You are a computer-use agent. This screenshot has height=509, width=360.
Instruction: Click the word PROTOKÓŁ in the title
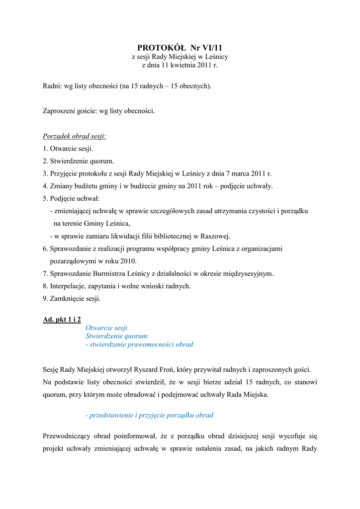click(x=160, y=48)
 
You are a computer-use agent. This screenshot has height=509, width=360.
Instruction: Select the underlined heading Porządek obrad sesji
click(x=75, y=136)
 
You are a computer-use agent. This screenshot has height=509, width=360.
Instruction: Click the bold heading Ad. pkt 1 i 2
click(x=62, y=319)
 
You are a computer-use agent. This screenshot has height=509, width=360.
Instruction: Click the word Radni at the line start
click(x=52, y=86)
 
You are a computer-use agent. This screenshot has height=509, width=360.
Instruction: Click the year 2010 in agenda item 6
click(x=127, y=261)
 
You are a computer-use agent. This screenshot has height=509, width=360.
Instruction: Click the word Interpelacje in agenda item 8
click(x=68, y=286)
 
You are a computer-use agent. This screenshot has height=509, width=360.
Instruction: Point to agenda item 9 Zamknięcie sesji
click(x=75, y=298)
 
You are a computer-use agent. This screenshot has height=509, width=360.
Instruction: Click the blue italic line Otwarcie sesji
click(x=106, y=328)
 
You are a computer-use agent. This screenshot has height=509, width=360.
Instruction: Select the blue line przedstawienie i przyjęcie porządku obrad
click(x=149, y=415)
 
